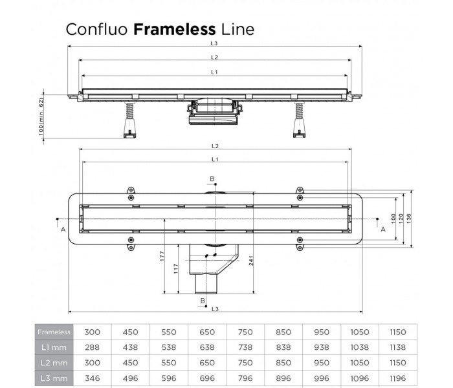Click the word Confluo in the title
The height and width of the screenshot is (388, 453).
(x=96, y=29)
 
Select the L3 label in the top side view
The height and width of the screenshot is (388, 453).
(x=214, y=44)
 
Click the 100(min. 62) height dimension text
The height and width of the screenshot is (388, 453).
(x=41, y=116)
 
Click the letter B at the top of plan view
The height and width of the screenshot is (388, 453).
(x=210, y=178)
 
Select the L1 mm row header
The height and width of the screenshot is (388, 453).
(x=53, y=348)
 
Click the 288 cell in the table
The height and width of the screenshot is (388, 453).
(x=93, y=348)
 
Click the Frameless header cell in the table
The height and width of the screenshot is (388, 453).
(x=53, y=332)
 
